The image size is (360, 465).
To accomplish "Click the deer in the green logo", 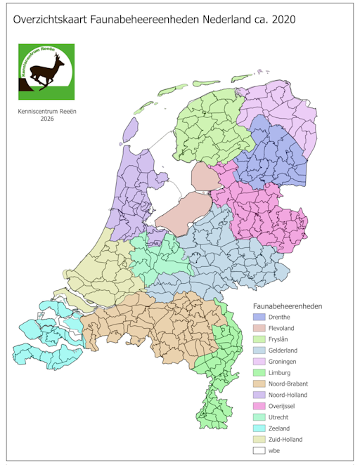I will [46, 71].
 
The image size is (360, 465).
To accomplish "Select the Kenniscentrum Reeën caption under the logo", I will [47, 110].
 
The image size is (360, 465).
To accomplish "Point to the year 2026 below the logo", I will [47, 119].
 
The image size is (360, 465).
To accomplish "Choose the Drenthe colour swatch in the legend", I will [259, 317].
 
